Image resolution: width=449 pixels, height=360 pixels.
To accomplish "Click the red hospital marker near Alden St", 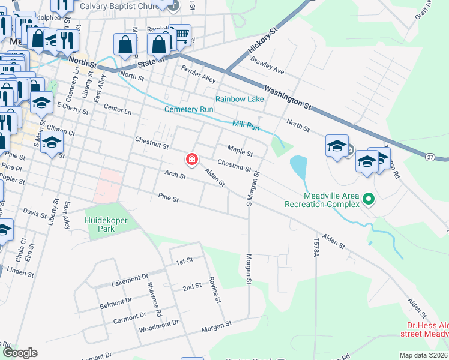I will (x=191, y=160).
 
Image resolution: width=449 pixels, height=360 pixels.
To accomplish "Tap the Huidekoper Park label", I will (x=107, y=224).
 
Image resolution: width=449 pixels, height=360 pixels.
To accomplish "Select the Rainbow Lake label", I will (x=240, y=99).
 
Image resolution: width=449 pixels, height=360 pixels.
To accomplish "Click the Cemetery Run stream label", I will (x=189, y=110).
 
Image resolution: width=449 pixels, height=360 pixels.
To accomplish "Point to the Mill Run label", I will (x=246, y=127).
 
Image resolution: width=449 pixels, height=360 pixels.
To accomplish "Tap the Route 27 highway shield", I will (x=430, y=157).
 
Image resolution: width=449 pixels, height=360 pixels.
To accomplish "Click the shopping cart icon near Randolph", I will (x=180, y=35).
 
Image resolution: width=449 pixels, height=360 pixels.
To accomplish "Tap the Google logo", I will (x=19, y=353).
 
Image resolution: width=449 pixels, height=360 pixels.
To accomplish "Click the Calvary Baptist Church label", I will (x=130, y=7).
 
